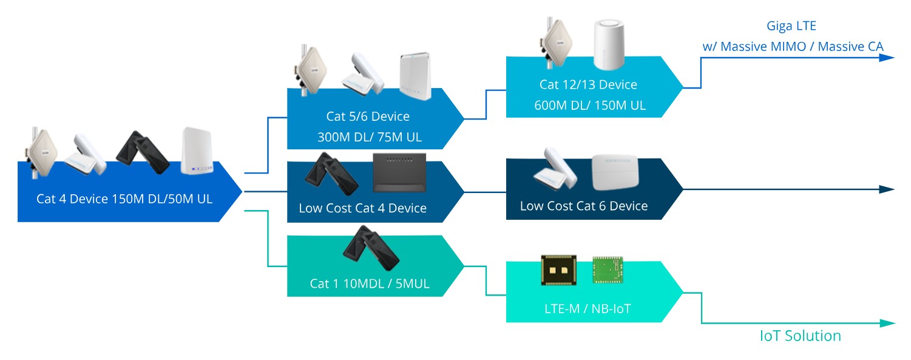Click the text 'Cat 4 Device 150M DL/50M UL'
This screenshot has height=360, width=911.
124,199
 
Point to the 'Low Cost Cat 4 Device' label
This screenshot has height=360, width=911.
362,208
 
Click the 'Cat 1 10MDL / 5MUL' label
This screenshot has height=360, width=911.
369,284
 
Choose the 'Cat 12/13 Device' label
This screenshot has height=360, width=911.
588,84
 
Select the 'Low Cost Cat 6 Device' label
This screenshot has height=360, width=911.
583,206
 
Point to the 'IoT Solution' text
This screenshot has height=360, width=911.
801,336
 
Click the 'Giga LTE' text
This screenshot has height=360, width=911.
791,26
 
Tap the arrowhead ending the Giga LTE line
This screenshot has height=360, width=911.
887,58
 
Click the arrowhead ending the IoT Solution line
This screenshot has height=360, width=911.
887,324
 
